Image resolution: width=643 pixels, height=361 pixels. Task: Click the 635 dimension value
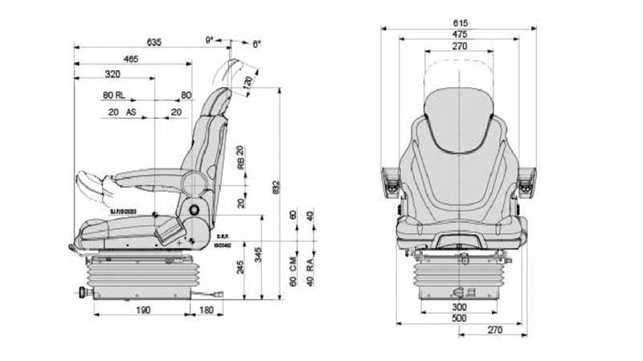pyautogui.click(x=155, y=41)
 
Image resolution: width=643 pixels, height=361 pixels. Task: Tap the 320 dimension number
pyautogui.click(x=113, y=75)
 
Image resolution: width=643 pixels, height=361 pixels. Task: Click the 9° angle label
pyautogui.click(x=210, y=39)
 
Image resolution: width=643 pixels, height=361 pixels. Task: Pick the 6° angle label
pyautogui.click(x=257, y=44)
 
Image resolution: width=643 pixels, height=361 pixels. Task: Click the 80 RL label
pyautogui.click(x=113, y=95)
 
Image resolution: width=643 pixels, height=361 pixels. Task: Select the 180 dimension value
pyautogui.click(x=206, y=310)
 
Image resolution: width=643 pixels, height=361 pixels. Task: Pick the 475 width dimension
pyautogui.click(x=460, y=35)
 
